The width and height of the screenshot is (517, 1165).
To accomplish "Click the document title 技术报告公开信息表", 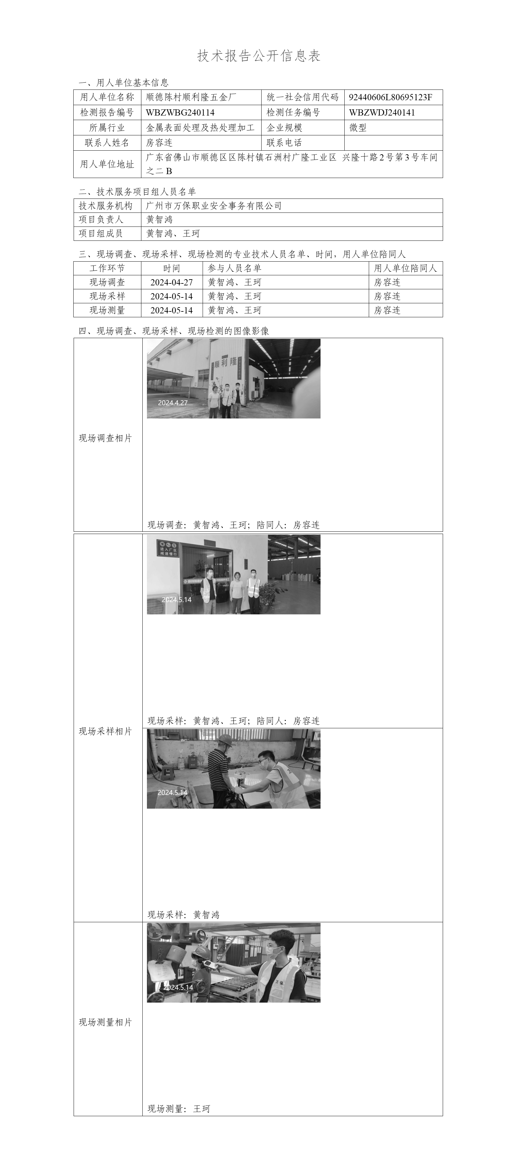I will [259, 56].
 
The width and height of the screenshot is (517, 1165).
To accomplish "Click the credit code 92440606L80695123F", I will [390, 97].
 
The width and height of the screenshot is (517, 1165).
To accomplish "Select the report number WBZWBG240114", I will [180, 113].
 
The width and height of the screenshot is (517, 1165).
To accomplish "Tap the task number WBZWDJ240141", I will [381, 113].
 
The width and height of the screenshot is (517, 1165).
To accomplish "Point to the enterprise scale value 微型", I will [358, 128].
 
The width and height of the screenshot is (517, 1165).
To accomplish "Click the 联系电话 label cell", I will [284, 143].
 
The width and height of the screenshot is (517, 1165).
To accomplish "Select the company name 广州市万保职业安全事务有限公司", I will [214, 206].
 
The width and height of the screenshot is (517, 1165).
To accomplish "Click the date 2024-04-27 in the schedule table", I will [172, 282].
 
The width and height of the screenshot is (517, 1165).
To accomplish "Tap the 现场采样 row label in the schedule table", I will [107, 296].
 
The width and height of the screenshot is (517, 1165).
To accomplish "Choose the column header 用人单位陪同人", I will [405, 268].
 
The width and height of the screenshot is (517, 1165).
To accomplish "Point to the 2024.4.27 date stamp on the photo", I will [172, 403].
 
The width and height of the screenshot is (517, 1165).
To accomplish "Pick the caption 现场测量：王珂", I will [179, 1108].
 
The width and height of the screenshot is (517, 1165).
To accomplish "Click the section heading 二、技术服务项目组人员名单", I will [137, 192].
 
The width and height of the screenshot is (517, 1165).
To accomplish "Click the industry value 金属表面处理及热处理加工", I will [200, 128].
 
